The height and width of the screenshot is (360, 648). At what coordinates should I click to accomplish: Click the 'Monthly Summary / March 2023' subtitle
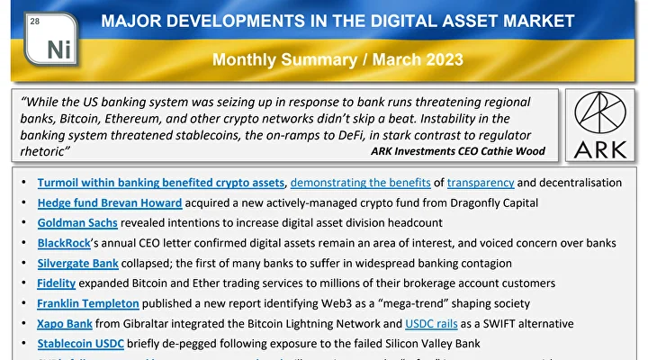pyautogui.click(x=337, y=60)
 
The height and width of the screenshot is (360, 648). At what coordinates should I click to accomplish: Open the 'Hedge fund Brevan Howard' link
pyautogui.click(x=110, y=202)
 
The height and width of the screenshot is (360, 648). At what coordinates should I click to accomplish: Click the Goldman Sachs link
pyautogui.click(x=77, y=222)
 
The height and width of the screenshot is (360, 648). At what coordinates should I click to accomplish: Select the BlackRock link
pyautogui.click(x=66, y=243)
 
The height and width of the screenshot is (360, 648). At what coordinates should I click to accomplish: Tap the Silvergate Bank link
pyautogui.click(x=78, y=263)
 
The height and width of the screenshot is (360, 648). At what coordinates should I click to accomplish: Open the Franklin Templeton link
pyautogui.click(x=87, y=303)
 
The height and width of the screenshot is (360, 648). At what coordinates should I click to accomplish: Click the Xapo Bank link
pyautogui.click(x=65, y=323)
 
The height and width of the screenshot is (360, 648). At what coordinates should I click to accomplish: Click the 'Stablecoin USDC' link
pyautogui.click(x=81, y=343)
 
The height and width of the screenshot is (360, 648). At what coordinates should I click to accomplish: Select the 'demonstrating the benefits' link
pyautogui.click(x=359, y=183)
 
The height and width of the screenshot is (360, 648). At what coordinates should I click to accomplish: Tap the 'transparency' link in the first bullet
pyautogui.click(x=481, y=183)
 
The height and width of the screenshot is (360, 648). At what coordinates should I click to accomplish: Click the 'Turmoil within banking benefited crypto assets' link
pyautogui.click(x=162, y=183)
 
